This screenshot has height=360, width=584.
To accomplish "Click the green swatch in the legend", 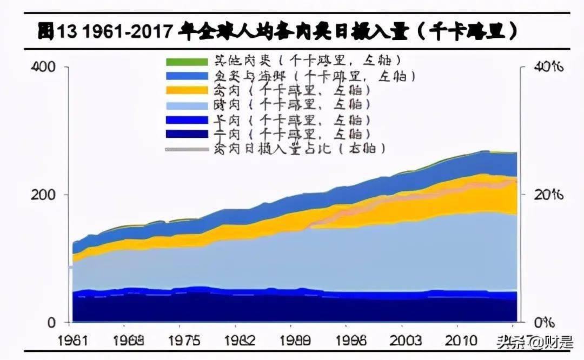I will pyautogui.click(x=186, y=62).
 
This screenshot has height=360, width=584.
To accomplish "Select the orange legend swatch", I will pyautogui.click(x=186, y=90).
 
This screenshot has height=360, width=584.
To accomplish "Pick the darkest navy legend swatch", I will pyautogui.click(x=186, y=134).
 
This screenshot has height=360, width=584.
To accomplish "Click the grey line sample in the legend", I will pyautogui.click(x=186, y=148).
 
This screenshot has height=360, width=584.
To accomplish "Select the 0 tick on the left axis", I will pyautogui.click(x=51, y=323).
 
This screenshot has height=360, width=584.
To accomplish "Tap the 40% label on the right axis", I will pyautogui.click(x=549, y=67).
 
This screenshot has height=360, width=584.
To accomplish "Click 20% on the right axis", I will pyautogui.click(x=549, y=195).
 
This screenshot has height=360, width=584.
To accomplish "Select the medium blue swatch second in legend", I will pyautogui.click(x=186, y=76).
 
